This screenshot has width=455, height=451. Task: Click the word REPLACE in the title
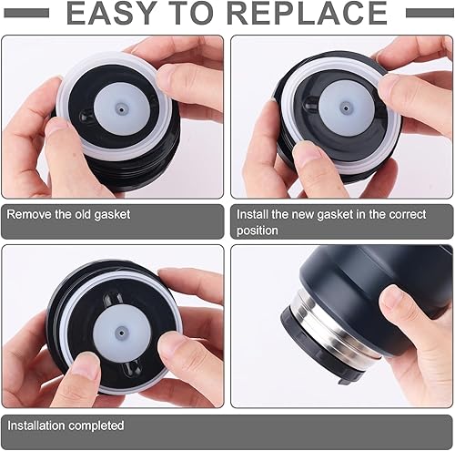[307, 13]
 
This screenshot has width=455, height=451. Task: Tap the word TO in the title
[191, 13]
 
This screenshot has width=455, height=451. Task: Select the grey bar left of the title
[26, 13]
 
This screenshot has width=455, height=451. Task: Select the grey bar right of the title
[430, 13]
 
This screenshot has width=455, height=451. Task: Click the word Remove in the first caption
[29, 214]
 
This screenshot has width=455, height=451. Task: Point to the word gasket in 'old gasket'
[112, 215]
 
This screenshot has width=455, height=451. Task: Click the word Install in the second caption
[252, 214]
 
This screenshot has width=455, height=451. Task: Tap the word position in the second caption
[258, 231]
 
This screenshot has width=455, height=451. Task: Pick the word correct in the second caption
[408, 214]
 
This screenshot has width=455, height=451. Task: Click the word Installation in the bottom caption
[35, 425]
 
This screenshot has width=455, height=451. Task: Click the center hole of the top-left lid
[122, 109]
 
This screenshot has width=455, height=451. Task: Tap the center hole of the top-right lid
[346, 108]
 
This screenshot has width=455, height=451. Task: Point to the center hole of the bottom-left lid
[122, 333]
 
